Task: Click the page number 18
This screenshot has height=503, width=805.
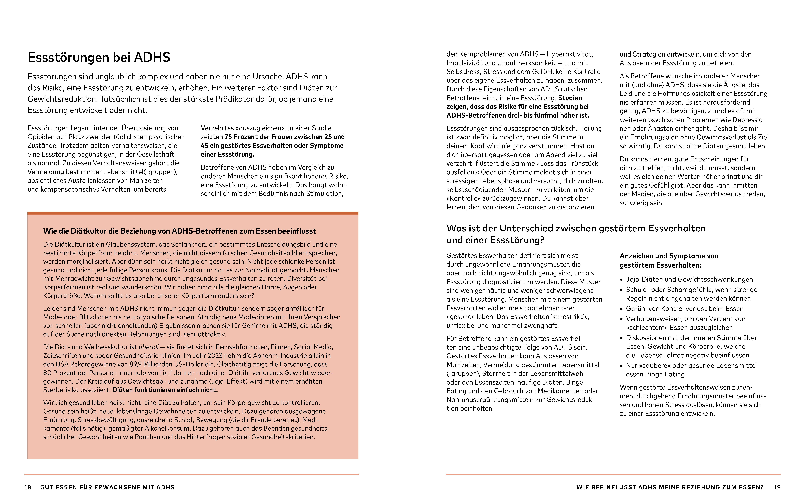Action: pyautogui.click(x=28, y=487)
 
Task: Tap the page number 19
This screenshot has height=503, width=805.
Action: pyautogui.click(x=777, y=487)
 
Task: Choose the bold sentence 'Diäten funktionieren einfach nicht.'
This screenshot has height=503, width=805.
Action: pyautogui.click(x=165, y=390)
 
